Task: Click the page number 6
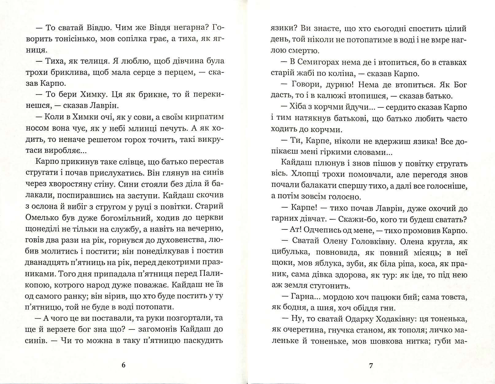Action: coord(124,365)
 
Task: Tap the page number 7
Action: coord(371,365)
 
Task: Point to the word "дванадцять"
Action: coord(47,263)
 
